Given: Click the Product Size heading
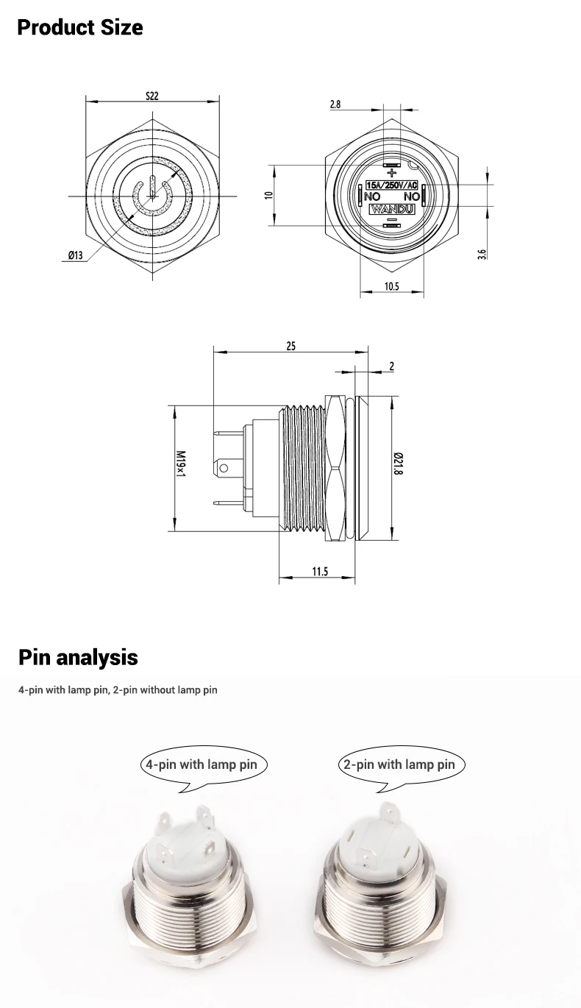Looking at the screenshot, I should coord(80,28).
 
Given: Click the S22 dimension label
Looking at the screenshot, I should coord(152,96).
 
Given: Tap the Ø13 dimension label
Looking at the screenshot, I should coord(75,255).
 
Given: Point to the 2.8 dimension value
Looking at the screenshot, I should coord(335,104).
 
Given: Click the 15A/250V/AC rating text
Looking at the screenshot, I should coord(392,185).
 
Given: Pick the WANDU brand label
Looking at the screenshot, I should coord(391,209).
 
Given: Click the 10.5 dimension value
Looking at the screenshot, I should coord(391,287).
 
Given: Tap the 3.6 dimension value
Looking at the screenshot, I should coord(482,254).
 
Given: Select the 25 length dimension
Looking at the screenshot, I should coord(290,346).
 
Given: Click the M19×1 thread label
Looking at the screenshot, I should coord(180,466).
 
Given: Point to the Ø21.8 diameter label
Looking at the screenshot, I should coord(398,466).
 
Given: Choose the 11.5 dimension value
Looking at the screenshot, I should coord(319,572).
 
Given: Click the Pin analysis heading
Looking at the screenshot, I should coord(78,656).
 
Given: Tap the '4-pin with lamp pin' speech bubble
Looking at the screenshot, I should coord(202,764).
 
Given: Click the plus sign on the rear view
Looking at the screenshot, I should coord(391,172).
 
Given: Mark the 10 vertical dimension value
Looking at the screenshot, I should coord(269,195).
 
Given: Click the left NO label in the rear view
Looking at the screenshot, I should coord(371,197).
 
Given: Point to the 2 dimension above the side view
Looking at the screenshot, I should coord(391,366).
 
